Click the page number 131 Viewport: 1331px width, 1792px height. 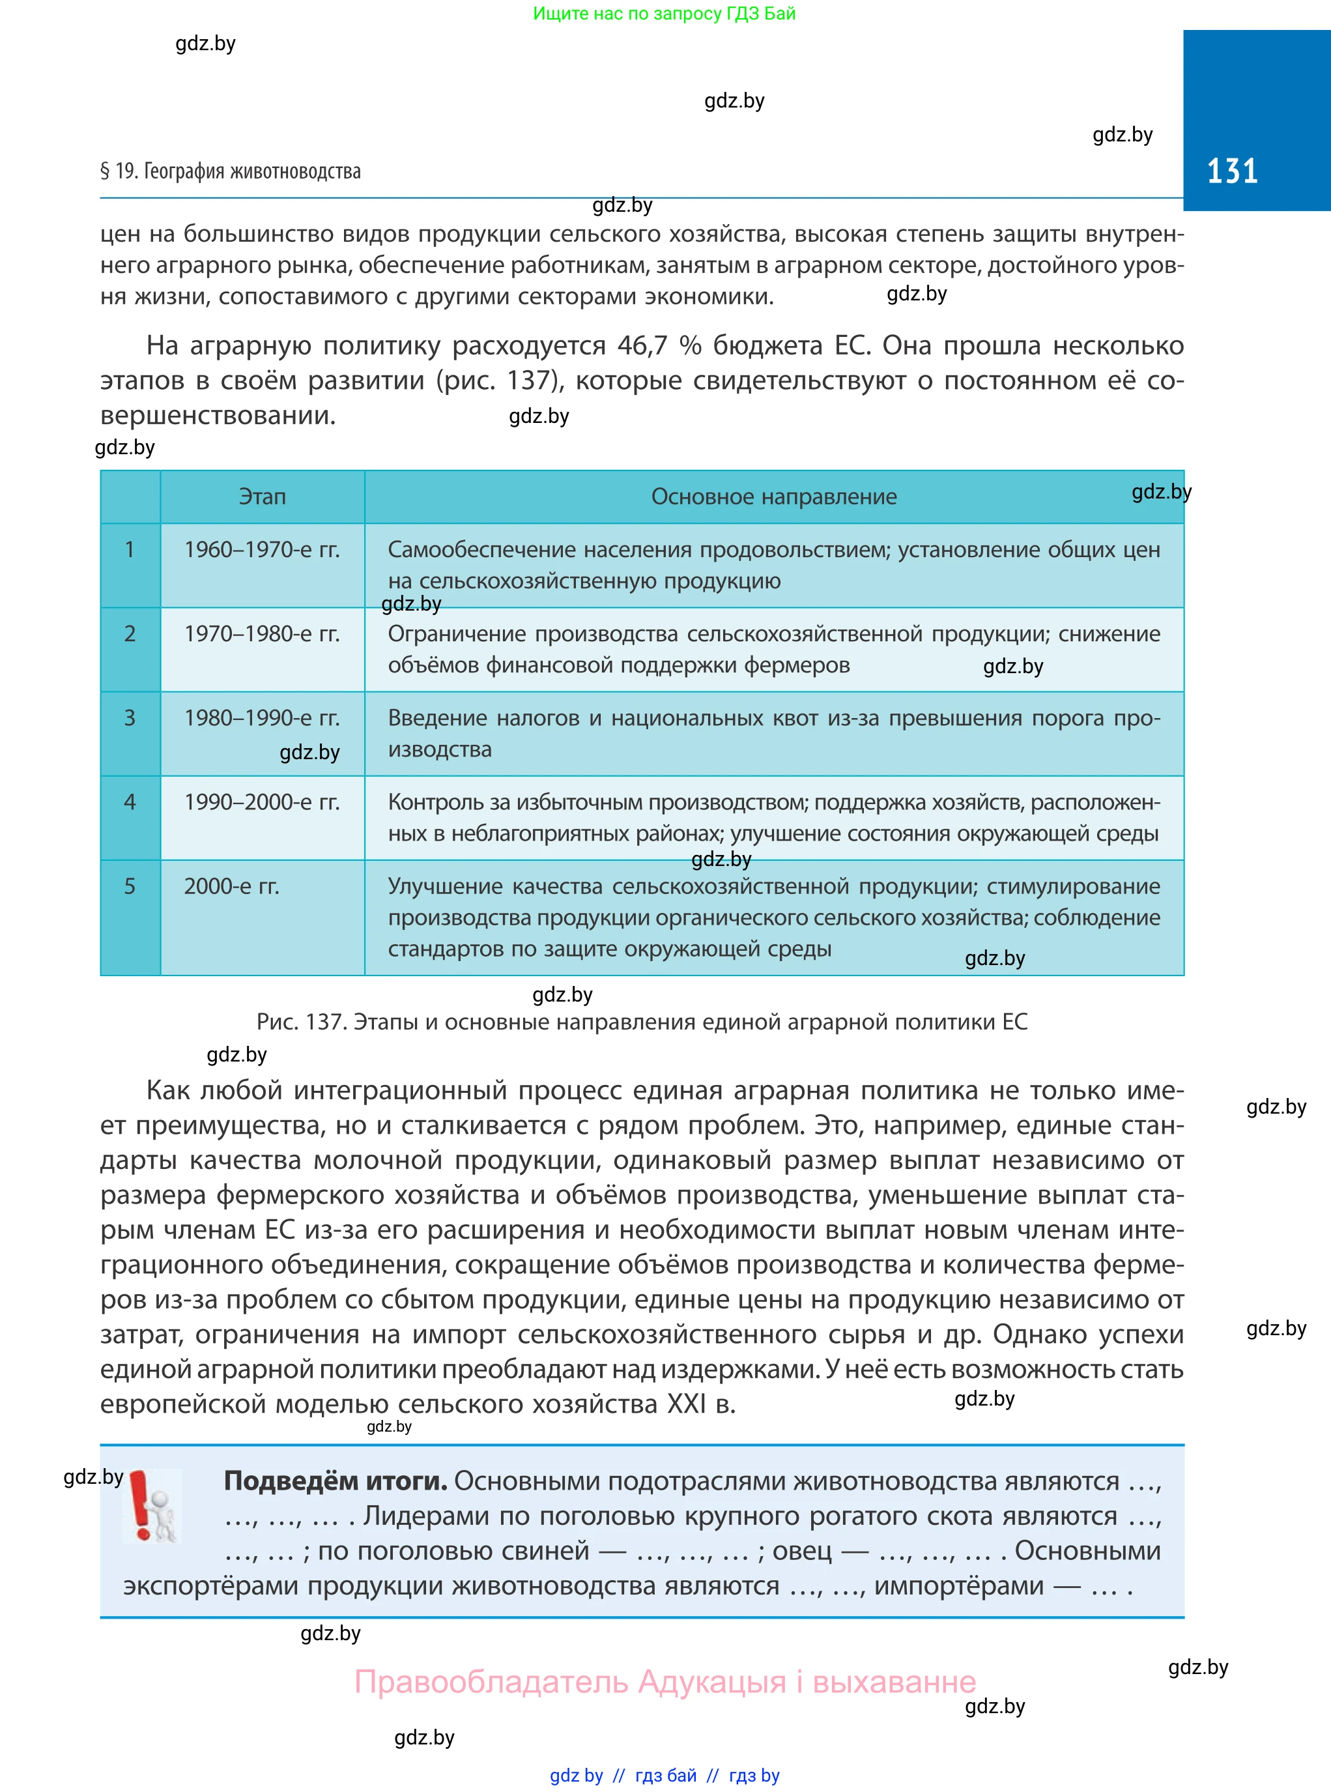pos(1231,171)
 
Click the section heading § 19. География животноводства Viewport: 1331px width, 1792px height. pos(231,171)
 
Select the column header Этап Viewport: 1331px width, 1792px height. pos(262,497)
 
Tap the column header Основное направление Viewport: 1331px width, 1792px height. pos(773,497)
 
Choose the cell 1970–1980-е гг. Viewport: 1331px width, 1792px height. pos(262,634)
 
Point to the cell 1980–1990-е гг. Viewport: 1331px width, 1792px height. pos(262,718)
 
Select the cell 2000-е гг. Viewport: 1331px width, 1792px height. pos(231,886)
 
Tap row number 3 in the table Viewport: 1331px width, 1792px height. pos(130,718)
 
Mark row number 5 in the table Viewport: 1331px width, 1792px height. pos(130,886)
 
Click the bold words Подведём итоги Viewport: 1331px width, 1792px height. pos(335,1481)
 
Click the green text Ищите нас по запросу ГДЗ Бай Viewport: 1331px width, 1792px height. pos(664,14)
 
